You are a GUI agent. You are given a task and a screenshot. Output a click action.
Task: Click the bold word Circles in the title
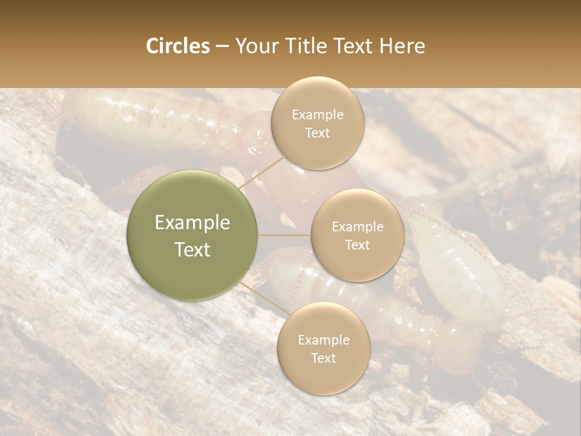[x=178, y=46]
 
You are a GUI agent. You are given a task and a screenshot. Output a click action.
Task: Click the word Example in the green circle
[x=192, y=223]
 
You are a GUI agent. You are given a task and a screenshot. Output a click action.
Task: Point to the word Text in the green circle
[x=192, y=249]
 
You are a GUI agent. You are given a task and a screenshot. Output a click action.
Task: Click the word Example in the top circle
[x=318, y=115]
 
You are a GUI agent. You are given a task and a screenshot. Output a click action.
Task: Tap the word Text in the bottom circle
[x=323, y=358]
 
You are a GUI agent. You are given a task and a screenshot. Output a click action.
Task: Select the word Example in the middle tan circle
[x=358, y=227]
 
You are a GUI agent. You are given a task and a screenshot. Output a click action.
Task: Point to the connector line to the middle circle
[x=284, y=235]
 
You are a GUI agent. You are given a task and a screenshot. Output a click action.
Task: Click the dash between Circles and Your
[x=222, y=47]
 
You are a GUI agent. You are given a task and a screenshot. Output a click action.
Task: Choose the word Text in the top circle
[x=317, y=133]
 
